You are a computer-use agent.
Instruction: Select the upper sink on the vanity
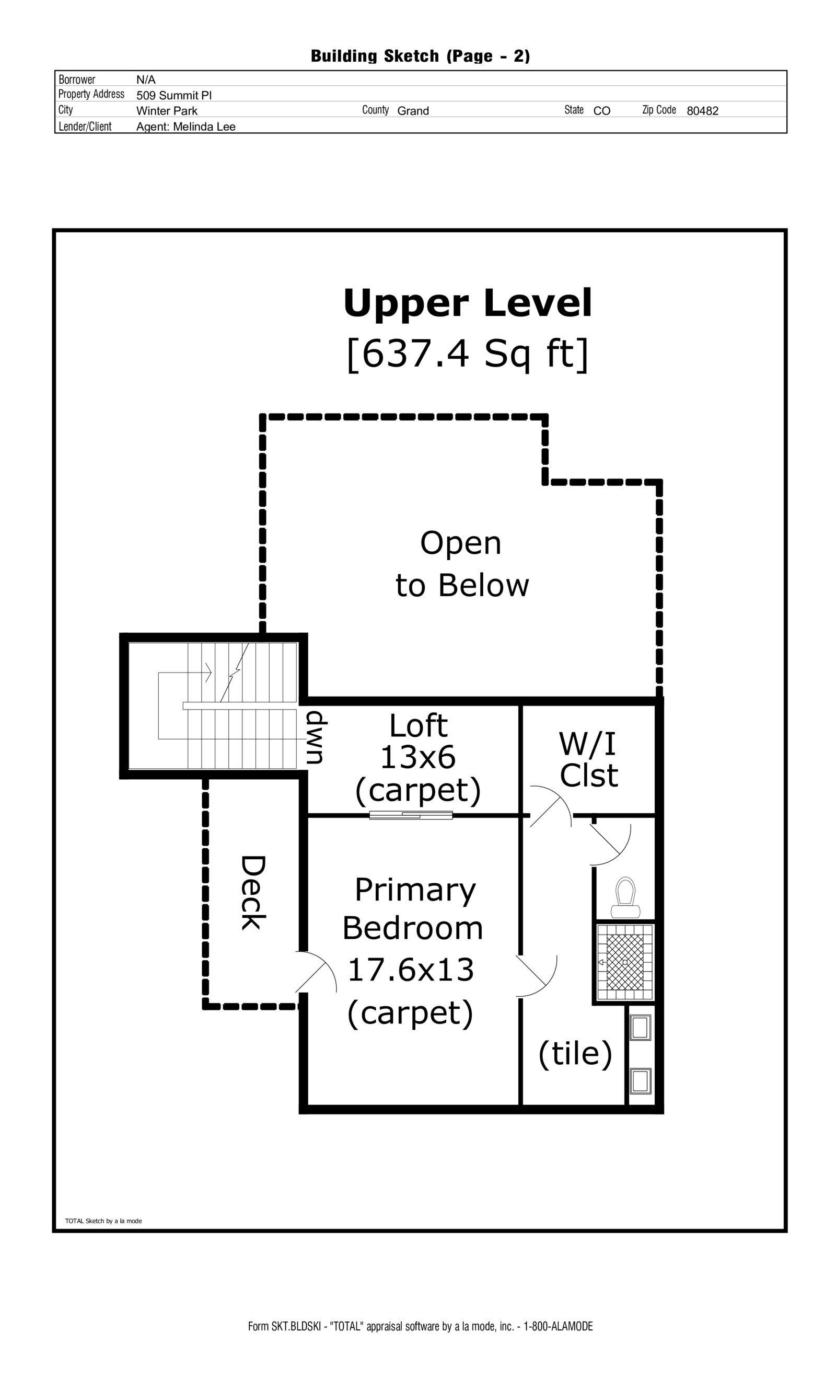tap(640, 1027)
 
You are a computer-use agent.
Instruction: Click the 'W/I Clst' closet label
tap(588, 760)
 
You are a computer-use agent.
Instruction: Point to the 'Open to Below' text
tap(461, 564)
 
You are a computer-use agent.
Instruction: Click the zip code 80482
tap(702, 111)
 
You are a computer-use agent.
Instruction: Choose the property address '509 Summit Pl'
tap(174, 95)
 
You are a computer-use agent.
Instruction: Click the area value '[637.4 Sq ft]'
tap(467, 354)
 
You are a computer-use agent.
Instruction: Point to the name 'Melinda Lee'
tap(204, 127)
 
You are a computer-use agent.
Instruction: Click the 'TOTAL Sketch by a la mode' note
tap(103, 1221)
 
